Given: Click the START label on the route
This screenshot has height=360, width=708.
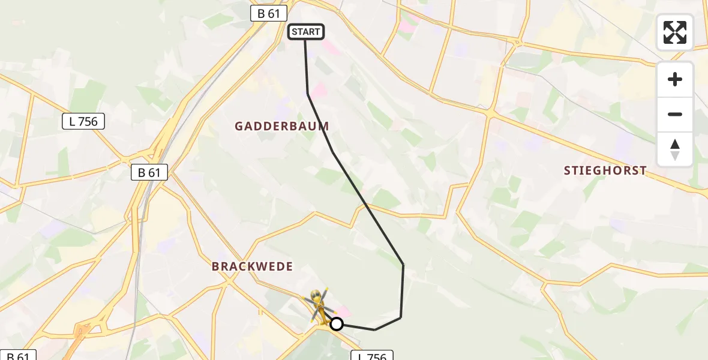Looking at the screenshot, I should click(306, 32).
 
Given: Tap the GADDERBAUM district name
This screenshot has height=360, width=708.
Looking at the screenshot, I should click(281, 127).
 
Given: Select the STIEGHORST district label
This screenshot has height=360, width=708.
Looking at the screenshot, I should click(605, 171).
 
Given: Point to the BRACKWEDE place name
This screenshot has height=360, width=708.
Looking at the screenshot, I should click(252, 266).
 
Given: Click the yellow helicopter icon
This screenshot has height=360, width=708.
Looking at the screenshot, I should click(319, 304).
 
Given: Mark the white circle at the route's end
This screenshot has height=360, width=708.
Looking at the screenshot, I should click(337, 324).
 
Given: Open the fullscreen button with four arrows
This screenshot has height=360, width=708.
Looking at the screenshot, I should click(675, 32).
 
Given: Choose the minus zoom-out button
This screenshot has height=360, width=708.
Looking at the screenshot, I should click(675, 114).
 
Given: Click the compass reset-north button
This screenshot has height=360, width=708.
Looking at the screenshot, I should click(675, 149).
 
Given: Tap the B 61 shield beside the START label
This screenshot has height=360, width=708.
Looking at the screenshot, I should click(269, 13).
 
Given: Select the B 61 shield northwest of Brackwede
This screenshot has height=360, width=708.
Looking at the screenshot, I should click(149, 173).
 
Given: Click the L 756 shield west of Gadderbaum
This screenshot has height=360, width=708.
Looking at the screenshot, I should click(83, 121).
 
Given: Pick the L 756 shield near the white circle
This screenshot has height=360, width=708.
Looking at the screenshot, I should click(371, 355).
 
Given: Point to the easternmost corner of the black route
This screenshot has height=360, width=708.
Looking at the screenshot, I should click(403, 265).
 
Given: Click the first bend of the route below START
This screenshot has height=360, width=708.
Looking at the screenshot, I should click(308, 94).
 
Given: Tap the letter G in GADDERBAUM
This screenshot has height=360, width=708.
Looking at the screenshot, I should click(239, 127).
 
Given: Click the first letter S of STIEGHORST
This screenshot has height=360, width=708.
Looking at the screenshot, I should click(568, 171).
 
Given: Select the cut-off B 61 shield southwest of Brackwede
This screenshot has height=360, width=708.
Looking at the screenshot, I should click(18, 355).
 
